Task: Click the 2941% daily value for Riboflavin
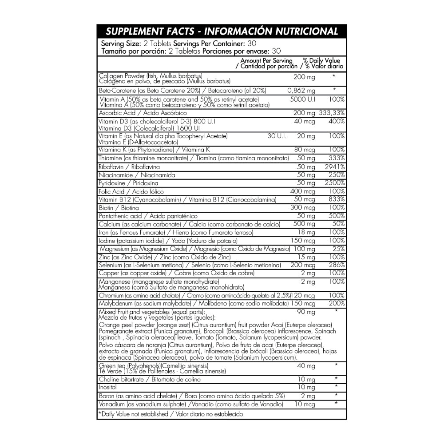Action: coord(336,166)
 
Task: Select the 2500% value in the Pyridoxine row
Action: coord(336,183)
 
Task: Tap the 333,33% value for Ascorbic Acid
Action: coord(332,113)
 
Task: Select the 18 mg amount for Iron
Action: coord(307,232)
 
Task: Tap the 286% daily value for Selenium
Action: coord(337,265)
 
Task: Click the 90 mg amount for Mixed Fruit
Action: coord(306,313)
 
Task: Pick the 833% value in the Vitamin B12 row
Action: coord(337,199)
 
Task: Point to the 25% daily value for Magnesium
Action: coord(340,249)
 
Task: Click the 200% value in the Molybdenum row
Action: coord(337,303)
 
